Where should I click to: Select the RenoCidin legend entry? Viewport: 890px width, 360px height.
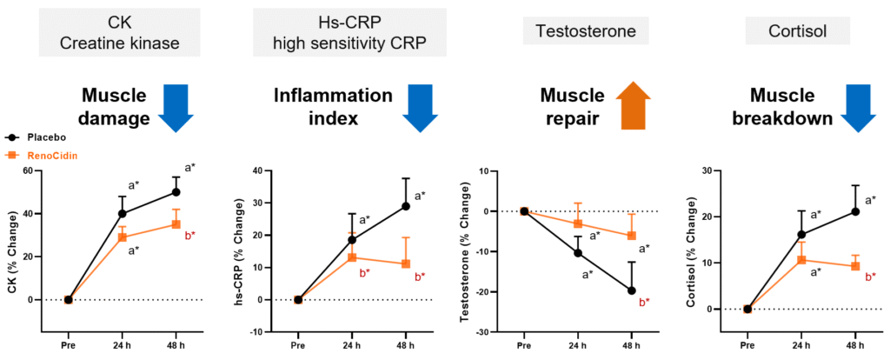point(38,155)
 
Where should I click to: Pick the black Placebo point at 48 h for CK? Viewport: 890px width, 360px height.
point(176,192)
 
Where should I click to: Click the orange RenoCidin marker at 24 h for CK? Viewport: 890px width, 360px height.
point(123,237)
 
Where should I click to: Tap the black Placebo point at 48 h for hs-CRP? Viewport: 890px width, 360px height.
point(406,206)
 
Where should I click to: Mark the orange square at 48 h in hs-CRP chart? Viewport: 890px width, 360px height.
point(406,263)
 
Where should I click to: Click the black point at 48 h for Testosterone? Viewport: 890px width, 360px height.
point(632,290)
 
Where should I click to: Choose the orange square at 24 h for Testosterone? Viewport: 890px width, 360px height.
point(578,223)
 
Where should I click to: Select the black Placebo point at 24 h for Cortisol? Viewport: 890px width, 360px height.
point(801,234)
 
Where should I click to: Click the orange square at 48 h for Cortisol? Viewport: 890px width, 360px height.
point(855,266)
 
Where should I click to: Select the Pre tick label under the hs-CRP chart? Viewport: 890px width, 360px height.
point(298,344)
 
